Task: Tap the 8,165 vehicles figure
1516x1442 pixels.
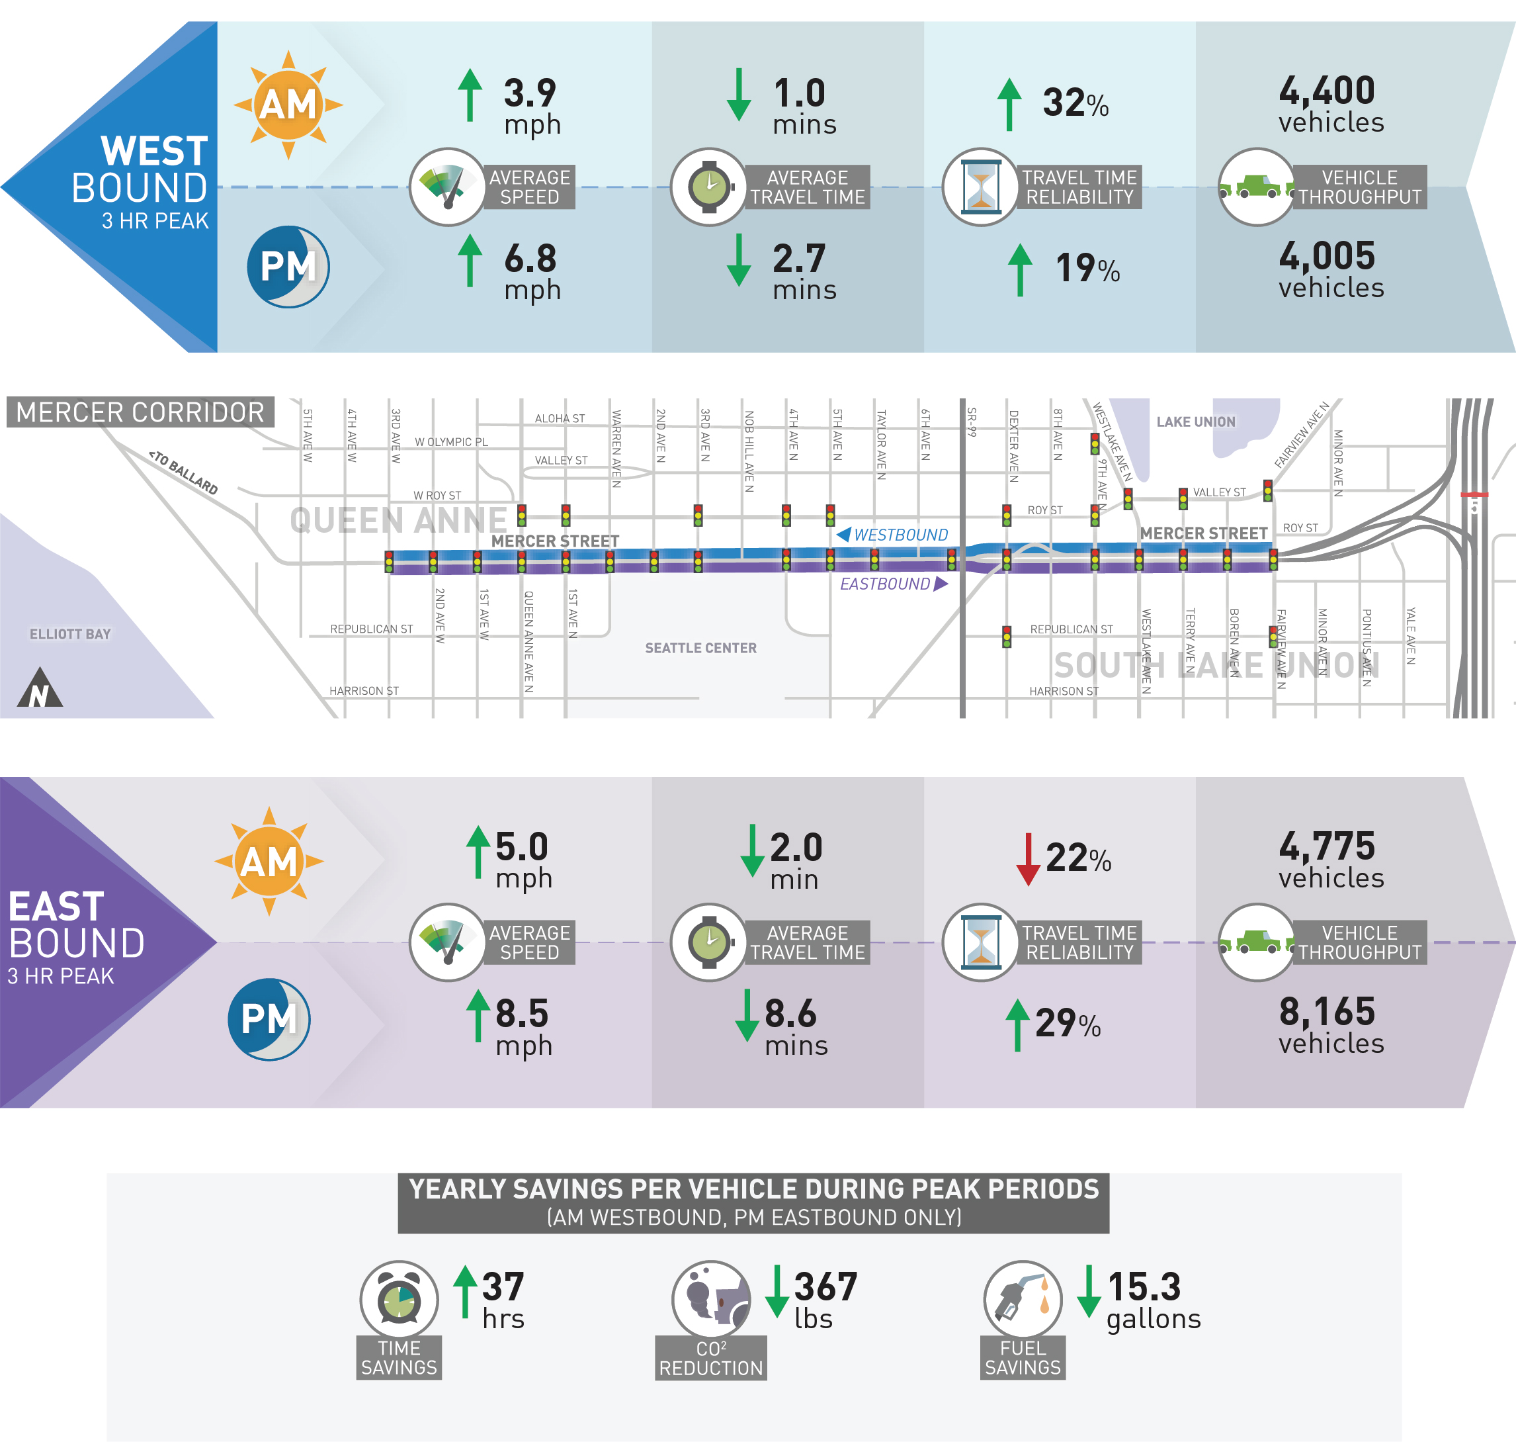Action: (x=1329, y=1024)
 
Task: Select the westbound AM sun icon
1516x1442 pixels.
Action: (x=288, y=105)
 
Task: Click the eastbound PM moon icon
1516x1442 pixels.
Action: (x=269, y=1019)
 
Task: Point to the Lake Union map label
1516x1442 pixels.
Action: (x=1196, y=422)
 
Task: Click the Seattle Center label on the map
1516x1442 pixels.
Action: (x=700, y=648)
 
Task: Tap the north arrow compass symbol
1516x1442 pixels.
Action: (x=40, y=688)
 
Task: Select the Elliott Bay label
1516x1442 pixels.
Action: (x=70, y=634)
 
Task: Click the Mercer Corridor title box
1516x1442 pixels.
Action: (x=140, y=413)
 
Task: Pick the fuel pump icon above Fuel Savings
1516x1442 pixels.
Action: (x=1022, y=1299)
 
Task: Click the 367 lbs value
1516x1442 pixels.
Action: (x=823, y=1300)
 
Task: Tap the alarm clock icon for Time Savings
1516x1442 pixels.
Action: (x=399, y=1299)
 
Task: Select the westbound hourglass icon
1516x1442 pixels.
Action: (x=980, y=187)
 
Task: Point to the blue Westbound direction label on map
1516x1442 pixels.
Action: (x=892, y=535)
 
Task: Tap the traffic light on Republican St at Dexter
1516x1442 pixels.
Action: (x=1007, y=637)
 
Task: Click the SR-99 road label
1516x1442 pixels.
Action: (x=972, y=423)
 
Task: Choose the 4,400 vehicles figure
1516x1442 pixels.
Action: (x=1329, y=104)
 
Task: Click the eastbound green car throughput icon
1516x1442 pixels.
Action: (x=1256, y=942)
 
